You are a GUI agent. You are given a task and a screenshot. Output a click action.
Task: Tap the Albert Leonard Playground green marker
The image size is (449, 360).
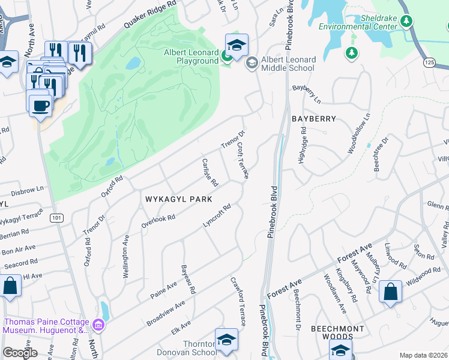click(x=226, y=57)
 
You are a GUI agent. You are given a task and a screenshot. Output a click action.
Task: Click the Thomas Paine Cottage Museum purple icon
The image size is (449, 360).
click(x=100, y=326)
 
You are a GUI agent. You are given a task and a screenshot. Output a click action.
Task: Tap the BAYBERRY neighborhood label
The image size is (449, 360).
click(x=313, y=119)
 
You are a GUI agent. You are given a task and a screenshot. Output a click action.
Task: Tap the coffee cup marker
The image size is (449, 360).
click(x=40, y=105)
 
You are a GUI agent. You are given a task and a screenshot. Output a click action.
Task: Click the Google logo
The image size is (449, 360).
click(x=20, y=352)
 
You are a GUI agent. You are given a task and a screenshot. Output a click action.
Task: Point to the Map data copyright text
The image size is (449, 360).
click(x=423, y=355)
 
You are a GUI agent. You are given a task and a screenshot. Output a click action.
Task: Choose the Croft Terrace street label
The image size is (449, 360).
click(x=243, y=160)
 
